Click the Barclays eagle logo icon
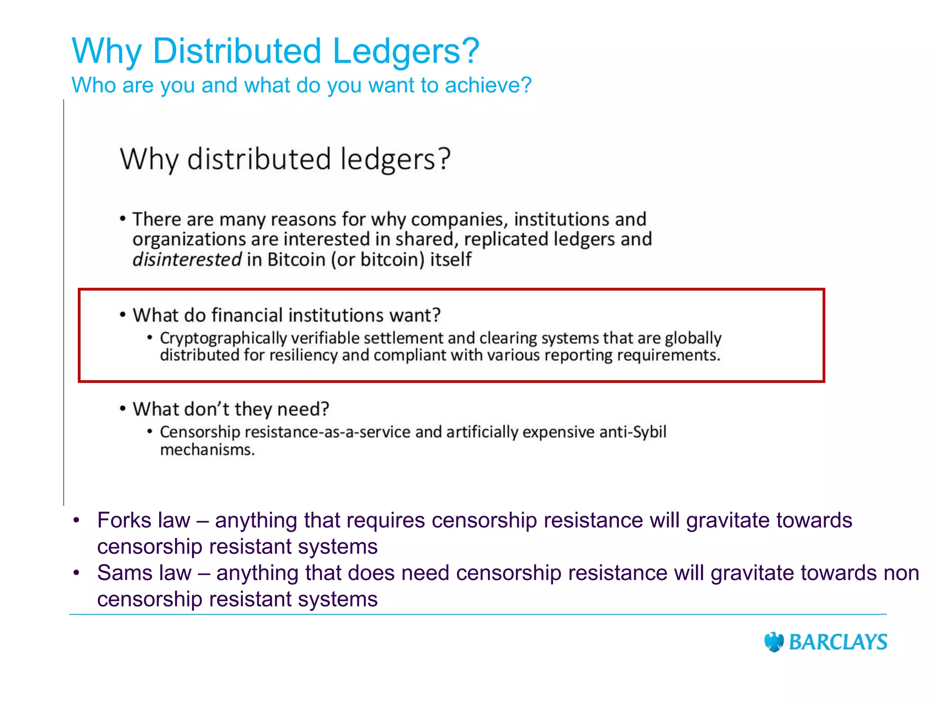click(x=773, y=642)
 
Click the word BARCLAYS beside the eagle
click(x=838, y=642)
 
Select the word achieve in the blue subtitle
click(x=483, y=85)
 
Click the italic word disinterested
click(x=187, y=260)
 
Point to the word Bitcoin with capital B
click(x=296, y=260)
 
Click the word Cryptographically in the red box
click(x=223, y=339)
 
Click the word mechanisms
click(x=207, y=450)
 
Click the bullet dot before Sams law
click(x=77, y=572)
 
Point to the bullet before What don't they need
click(x=123, y=408)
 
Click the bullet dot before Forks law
click(x=77, y=520)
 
